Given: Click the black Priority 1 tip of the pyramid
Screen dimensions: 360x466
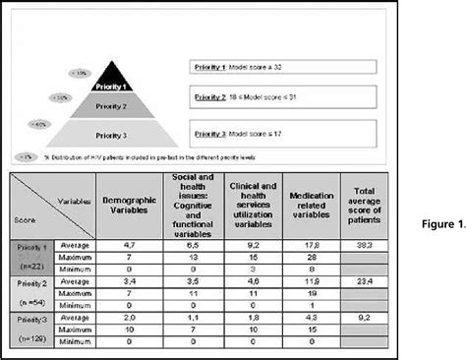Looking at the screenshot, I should pyautogui.click(x=117, y=80).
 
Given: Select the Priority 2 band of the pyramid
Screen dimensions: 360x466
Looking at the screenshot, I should pyautogui.click(x=117, y=104).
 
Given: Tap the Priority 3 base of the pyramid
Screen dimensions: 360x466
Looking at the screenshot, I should pyautogui.click(x=117, y=132).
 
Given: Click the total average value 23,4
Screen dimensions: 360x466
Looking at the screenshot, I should pyautogui.click(x=363, y=280).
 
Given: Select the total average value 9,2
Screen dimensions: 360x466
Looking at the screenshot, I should pyautogui.click(x=363, y=319).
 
